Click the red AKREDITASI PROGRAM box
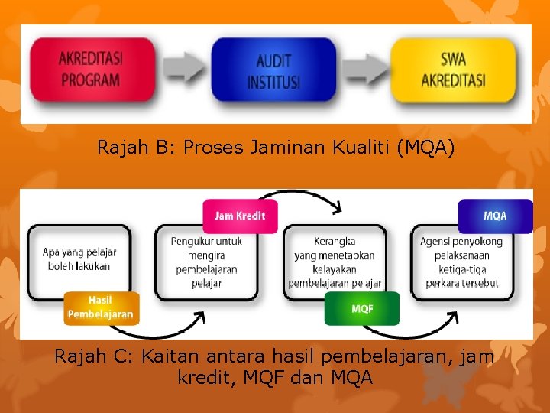point(89,69)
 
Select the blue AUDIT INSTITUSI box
point(273,70)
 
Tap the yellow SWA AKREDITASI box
point(453,69)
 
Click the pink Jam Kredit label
point(240,216)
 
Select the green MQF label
point(361,308)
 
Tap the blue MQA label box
point(494,216)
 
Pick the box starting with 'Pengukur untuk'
point(206,262)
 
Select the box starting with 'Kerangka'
point(335,262)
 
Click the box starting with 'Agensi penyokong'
point(461,262)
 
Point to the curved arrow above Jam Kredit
point(306,196)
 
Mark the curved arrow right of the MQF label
point(420,329)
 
